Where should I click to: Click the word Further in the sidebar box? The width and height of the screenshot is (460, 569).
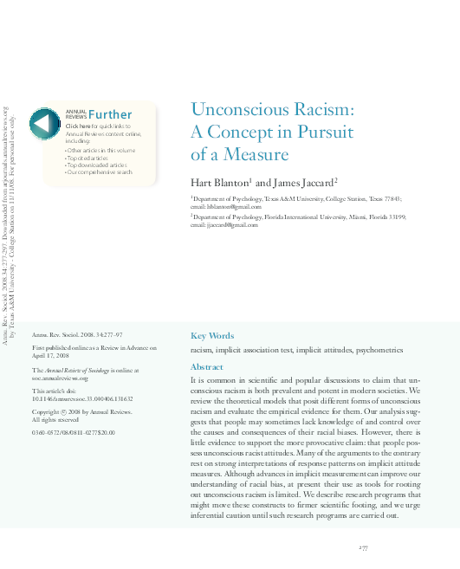tap(110, 114)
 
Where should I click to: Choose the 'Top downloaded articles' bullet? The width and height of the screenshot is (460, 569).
tap(97, 165)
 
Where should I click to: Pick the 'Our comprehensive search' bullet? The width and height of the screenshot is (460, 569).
tap(100, 172)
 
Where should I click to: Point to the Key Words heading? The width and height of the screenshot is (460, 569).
tap(211, 336)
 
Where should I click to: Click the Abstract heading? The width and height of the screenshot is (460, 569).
tap(206, 367)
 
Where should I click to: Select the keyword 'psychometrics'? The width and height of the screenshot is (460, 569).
tap(379, 350)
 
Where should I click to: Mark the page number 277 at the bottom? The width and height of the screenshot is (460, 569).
tap(364, 548)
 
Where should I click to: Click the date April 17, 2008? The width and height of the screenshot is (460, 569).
tap(49, 354)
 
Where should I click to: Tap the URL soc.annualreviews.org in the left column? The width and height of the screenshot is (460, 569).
tap(61, 378)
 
